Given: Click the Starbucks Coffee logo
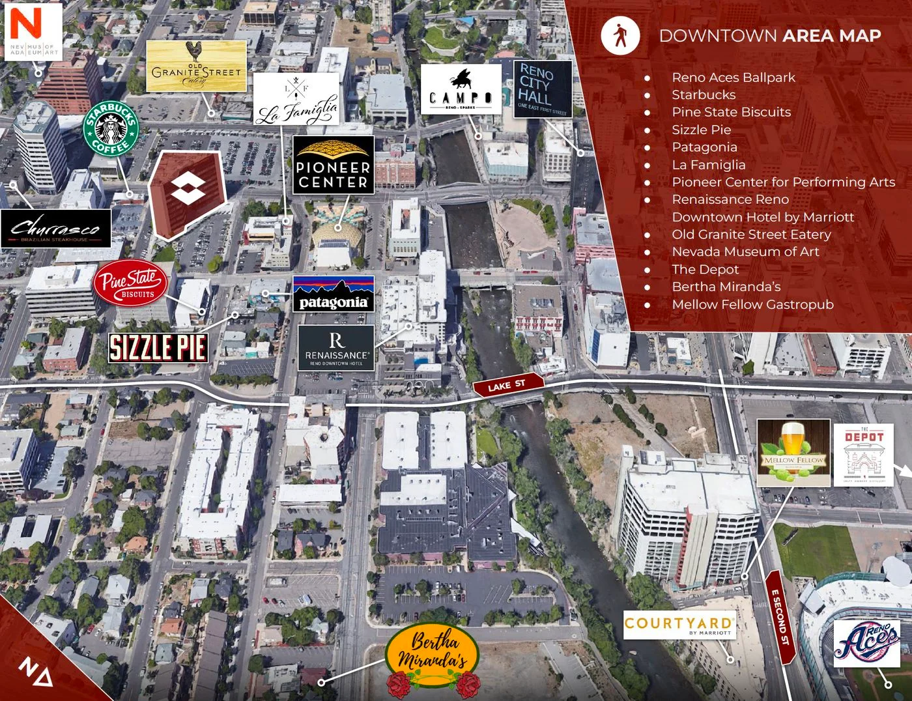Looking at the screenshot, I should [111, 128].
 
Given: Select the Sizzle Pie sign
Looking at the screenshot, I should [158, 347].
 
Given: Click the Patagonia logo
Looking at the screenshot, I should [334, 294].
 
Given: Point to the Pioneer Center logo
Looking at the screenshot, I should [334, 165].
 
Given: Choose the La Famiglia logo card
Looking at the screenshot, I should [296, 98].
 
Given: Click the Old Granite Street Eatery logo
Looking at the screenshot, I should [196, 66].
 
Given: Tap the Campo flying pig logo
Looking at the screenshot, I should [461, 89].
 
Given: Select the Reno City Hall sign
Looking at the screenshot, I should [543, 89].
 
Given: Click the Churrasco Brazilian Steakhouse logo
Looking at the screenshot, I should [56, 229].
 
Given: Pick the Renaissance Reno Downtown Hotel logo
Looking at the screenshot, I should [336, 349].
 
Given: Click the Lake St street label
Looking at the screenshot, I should [507, 385].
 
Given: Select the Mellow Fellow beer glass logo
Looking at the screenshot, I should [793, 453].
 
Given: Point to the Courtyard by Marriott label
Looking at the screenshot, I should [679, 625].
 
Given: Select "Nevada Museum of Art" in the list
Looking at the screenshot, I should [745, 251].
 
